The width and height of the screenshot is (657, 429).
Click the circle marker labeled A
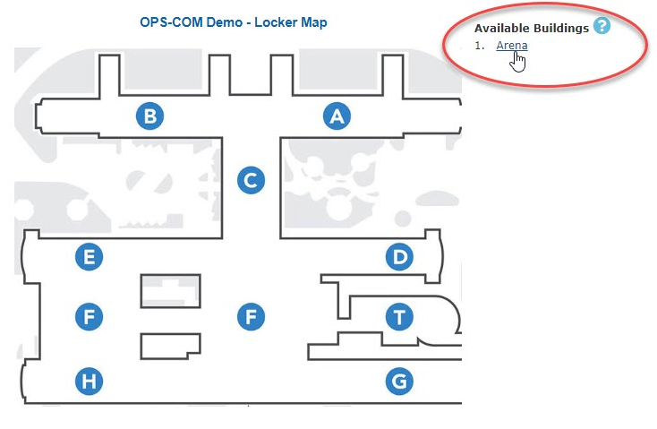(x=337, y=116)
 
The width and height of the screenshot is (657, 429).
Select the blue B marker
(x=150, y=116)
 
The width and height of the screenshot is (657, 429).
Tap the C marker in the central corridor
(x=251, y=180)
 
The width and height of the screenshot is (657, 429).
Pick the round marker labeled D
(x=399, y=257)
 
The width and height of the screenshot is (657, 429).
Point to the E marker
(x=89, y=257)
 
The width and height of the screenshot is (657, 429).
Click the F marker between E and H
(x=89, y=317)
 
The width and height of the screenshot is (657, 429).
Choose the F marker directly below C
(x=251, y=317)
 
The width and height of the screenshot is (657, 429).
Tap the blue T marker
(x=399, y=317)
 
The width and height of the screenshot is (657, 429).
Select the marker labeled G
(x=399, y=382)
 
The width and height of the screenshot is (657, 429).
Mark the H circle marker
(x=89, y=382)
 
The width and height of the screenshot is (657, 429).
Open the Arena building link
(x=512, y=46)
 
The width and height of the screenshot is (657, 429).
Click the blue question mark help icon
(x=602, y=26)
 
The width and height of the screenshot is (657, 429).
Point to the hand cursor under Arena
(x=518, y=62)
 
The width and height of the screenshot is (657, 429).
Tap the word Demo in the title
(x=224, y=21)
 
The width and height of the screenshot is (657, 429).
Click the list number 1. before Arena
(x=480, y=46)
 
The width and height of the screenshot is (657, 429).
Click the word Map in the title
(x=314, y=22)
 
